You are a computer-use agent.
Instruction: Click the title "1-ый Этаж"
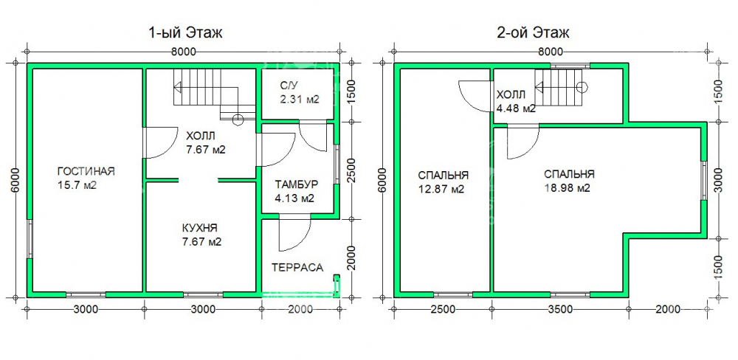pos(185,33)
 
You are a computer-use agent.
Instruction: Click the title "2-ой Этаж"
pos(533,33)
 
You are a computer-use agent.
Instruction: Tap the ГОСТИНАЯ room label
pos(86,171)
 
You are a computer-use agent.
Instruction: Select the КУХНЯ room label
pos(199,228)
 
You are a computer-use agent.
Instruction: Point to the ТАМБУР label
pos(297,184)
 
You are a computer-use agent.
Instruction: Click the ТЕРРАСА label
pos(297,268)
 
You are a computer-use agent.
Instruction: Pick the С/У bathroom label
pos(288,86)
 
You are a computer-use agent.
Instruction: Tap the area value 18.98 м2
pos(567,188)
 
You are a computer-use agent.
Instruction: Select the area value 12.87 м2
pos(441,189)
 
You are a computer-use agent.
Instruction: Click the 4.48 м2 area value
pos(516,108)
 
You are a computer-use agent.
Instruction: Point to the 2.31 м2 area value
pos(300,100)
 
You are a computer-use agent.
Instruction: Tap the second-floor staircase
pos(562,88)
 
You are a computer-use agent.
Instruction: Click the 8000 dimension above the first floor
pos(184,52)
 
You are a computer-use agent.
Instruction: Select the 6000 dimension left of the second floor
pos(382,179)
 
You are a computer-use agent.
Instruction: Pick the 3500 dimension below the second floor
pos(561,309)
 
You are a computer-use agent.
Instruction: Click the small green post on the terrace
pos(337,285)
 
